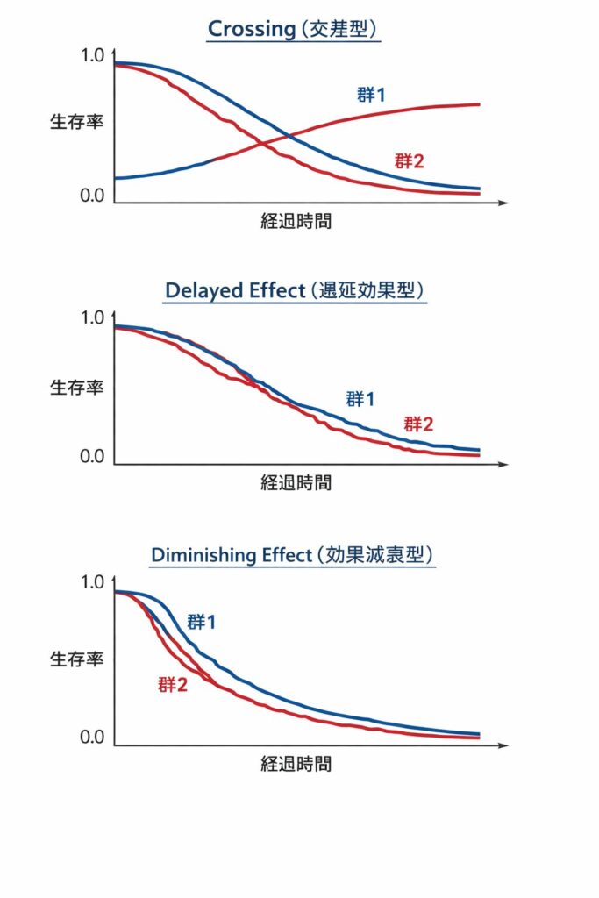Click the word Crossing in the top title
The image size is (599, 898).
click(x=252, y=29)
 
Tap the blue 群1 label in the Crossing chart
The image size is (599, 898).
click(x=371, y=95)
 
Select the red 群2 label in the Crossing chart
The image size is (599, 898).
click(x=410, y=160)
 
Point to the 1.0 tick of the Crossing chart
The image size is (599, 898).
click(x=92, y=55)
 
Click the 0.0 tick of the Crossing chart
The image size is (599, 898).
click(x=92, y=195)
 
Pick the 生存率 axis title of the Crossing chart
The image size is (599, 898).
click(x=76, y=122)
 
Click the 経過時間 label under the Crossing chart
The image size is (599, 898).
click(x=296, y=221)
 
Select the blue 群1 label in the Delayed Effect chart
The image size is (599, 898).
click(x=360, y=399)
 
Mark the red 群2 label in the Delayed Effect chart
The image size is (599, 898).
click(x=418, y=424)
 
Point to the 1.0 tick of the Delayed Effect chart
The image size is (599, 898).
click(x=92, y=317)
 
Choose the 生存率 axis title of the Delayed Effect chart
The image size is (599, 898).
click(x=76, y=387)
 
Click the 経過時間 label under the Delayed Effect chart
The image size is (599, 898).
click(x=296, y=482)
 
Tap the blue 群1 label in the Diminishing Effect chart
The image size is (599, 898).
click(x=202, y=622)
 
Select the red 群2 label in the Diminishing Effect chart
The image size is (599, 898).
click(x=173, y=685)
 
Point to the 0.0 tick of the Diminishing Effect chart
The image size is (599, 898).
click(x=92, y=738)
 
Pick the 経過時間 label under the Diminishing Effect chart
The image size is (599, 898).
click(x=296, y=764)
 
